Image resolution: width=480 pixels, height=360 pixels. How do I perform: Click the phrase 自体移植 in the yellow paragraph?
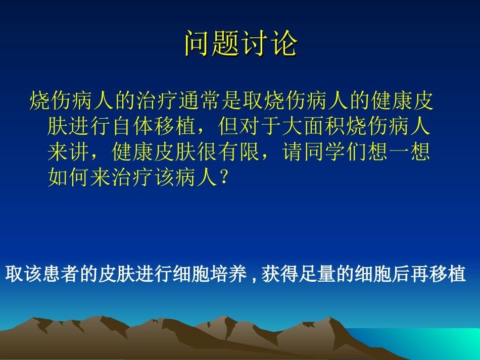(154, 126)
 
